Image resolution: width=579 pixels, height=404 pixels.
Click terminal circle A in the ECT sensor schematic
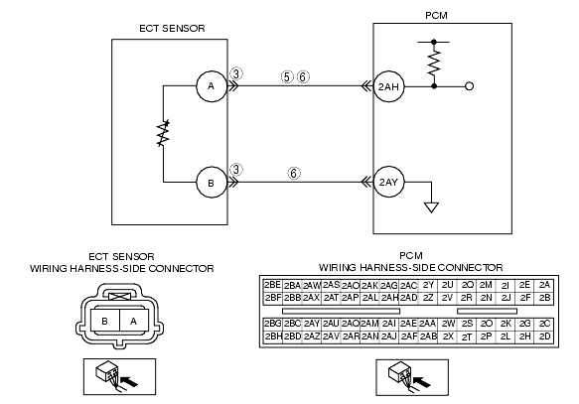click(212, 86)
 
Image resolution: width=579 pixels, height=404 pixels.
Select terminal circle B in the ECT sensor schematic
click(212, 183)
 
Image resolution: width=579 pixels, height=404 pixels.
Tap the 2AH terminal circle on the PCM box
click(389, 86)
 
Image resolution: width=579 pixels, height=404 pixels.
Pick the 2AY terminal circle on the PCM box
click(389, 182)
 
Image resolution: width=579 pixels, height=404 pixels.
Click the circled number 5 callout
click(287, 77)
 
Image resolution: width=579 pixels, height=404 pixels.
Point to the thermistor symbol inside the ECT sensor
click(163, 133)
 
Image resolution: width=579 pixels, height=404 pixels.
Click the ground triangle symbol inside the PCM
click(431, 207)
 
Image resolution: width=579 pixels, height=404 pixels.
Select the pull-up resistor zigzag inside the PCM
click(434, 63)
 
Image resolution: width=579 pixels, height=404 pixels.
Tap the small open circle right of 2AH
click(470, 86)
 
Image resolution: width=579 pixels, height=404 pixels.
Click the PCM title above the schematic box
click(436, 16)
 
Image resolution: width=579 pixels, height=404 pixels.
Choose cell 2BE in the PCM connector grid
click(272, 285)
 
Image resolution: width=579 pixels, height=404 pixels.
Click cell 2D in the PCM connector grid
click(544, 337)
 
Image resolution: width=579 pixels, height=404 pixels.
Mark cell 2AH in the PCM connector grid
click(389, 298)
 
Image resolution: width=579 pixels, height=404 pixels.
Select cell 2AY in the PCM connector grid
click(312, 324)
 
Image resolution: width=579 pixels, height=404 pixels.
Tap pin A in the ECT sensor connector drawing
click(134, 321)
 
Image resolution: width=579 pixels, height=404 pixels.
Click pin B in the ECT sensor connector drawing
click(105, 321)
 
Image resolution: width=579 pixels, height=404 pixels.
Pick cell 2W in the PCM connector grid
click(448, 324)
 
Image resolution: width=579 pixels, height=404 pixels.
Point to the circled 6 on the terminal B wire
click(294, 173)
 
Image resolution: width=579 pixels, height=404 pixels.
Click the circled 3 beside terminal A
click(236, 73)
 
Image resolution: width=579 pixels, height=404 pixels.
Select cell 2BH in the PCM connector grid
click(272, 337)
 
